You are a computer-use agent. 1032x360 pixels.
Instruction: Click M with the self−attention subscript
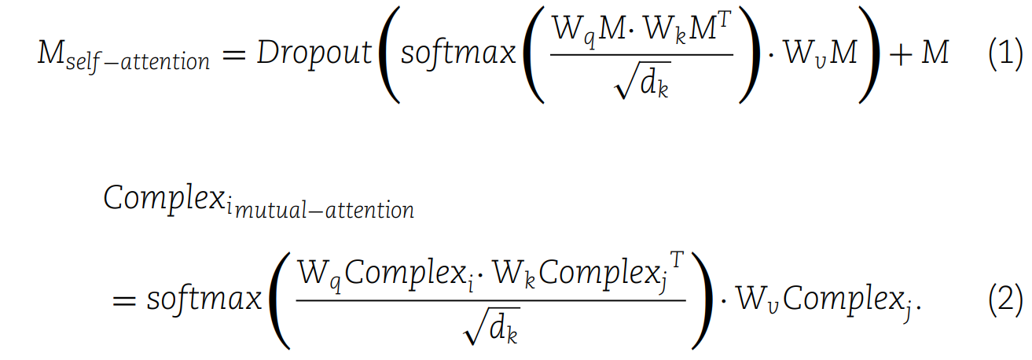click(x=52, y=53)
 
